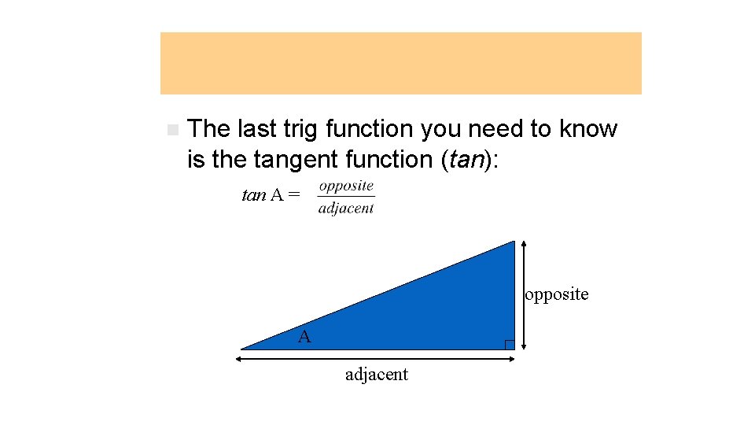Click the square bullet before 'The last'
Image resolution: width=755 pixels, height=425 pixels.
click(x=172, y=129)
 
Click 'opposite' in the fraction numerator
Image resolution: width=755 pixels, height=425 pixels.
click(x=346, y=187)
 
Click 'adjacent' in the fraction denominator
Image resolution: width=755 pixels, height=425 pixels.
click(x=346, y=209)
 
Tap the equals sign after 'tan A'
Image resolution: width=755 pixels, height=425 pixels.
click(x=293, y=195)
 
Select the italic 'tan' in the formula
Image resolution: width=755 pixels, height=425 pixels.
click(x=253, y=195)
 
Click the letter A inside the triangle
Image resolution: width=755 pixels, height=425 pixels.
click(x=304, y=337)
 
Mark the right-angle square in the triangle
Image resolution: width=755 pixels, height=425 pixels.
click(x=509, y=344)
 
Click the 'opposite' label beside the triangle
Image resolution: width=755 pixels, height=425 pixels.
click(x=557, y=294)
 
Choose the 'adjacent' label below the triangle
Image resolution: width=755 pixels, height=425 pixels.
click(x=377, y=375)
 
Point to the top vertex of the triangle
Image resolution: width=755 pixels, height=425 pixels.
click(x=513, y=242)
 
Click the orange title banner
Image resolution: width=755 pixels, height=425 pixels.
click(x=400, y=63)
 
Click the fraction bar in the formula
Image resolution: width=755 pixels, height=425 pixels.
click(x=346, y=198)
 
